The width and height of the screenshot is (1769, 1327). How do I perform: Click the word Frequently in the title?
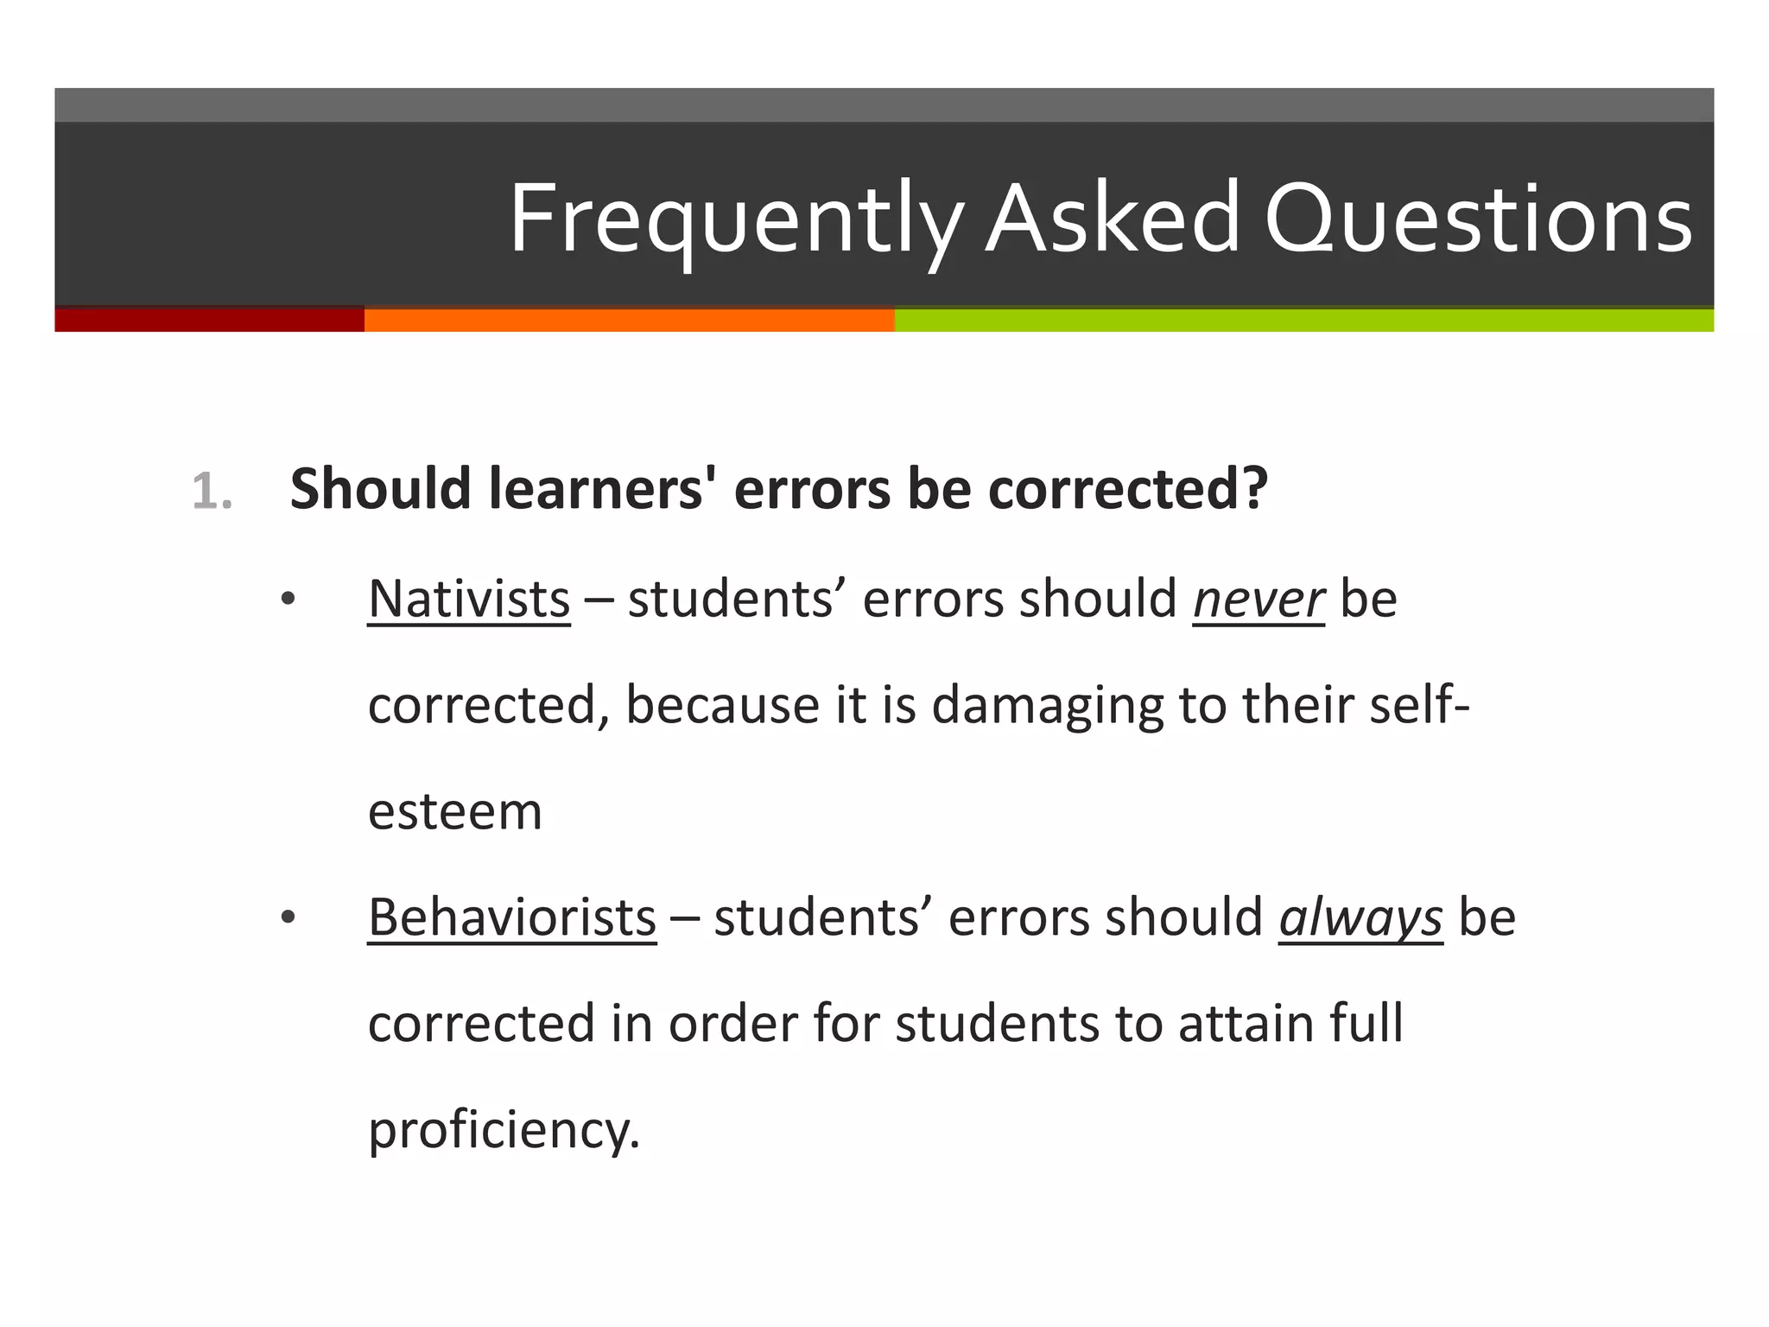point(734,219)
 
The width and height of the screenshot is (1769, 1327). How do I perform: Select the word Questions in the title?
point(1478,219)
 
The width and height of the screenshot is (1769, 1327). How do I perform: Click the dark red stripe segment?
point(209,320)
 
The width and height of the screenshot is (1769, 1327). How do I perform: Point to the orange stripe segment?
point(629,320)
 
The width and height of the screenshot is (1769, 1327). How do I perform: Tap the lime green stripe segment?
point(1303,320)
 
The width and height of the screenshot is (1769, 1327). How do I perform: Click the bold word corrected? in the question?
point(1127,489)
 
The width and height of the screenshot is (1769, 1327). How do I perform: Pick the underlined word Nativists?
point(469,599)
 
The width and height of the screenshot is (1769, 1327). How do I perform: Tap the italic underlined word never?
point(1258,599)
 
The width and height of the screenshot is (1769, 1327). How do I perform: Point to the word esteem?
point(455,812)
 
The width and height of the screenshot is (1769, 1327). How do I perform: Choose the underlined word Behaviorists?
point(512,917)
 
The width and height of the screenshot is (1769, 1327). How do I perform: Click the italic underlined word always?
point(1360,917)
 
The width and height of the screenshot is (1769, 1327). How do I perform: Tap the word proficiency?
point(504,1130)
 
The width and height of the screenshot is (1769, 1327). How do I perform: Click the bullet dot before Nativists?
point(288,599)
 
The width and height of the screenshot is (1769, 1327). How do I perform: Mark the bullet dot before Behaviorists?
point(288,917)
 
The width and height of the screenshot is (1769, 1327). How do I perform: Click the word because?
point(722,706)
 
